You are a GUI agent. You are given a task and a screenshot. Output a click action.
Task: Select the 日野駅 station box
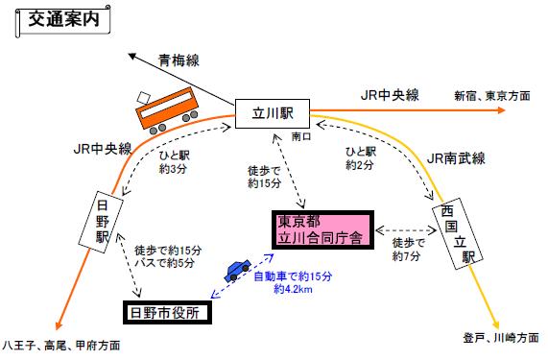(106, 221)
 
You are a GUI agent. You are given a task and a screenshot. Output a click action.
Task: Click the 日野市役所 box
(169, 311)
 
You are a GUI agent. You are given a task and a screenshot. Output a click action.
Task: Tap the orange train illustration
(167, 108)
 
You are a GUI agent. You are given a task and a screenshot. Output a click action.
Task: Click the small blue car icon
(237, 269)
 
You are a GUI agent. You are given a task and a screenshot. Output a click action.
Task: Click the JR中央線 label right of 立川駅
(390, 94)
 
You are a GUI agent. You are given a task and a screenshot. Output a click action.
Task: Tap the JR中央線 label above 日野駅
(105, 149)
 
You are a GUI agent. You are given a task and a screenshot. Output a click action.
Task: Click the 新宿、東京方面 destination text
(495, 95)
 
